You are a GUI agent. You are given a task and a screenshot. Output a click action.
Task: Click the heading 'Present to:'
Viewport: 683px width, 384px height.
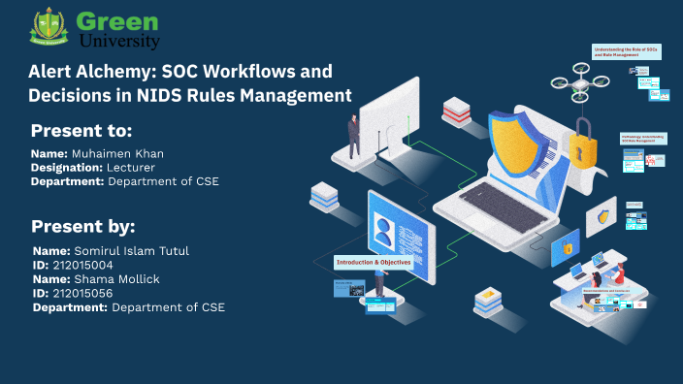(x=81, y=131)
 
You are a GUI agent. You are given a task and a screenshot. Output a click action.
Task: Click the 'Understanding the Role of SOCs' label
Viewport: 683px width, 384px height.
(x=626, y=50)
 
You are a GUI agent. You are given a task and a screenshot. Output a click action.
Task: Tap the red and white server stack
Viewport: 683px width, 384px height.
(x=456, y=113)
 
